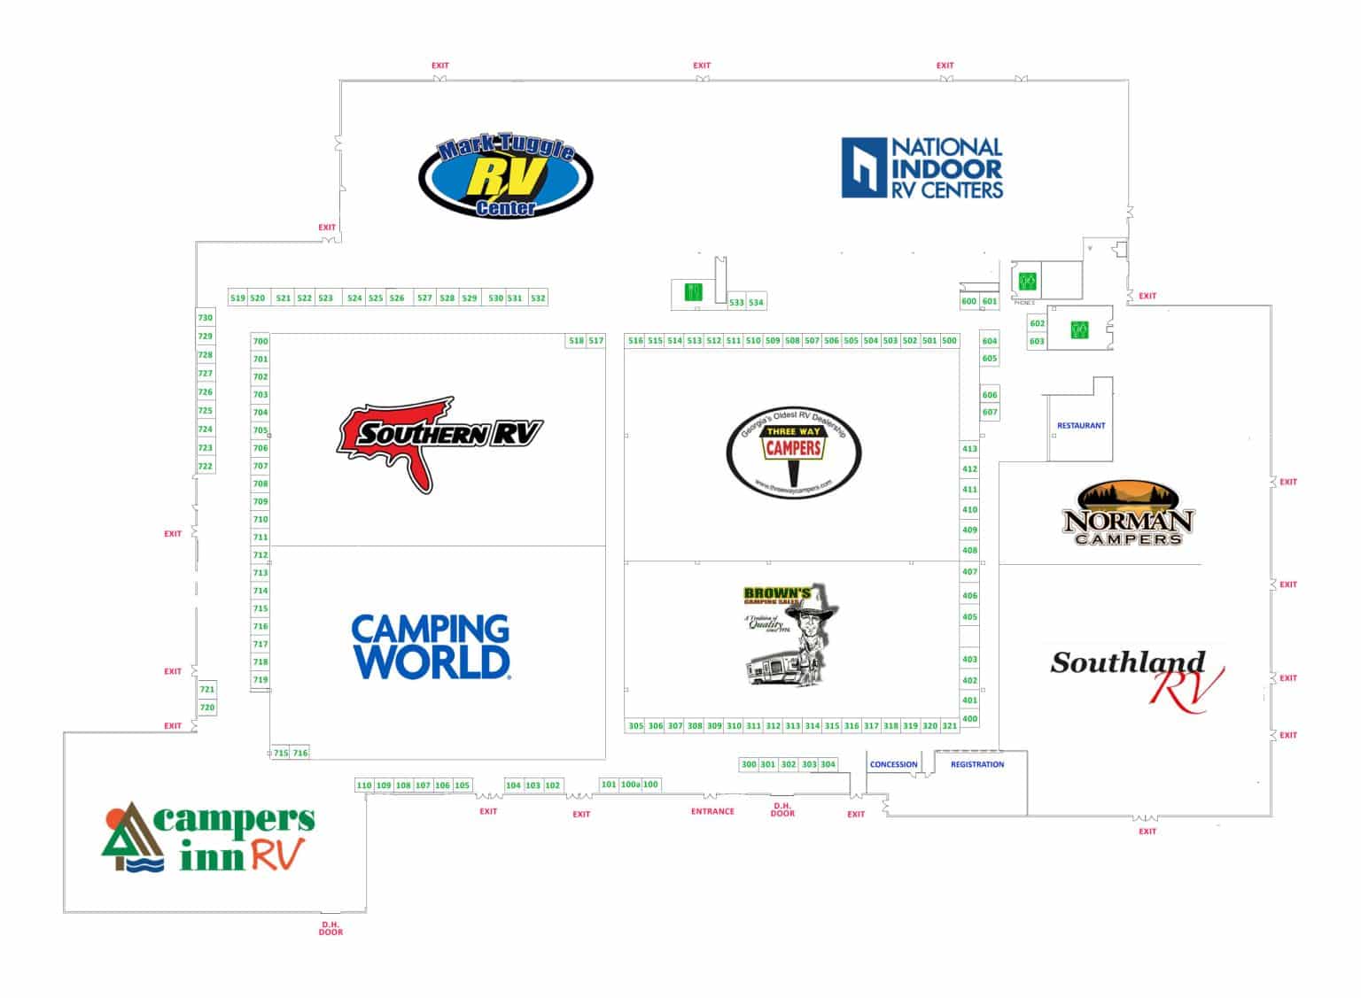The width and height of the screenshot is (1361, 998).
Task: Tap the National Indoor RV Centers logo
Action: click(922, 167)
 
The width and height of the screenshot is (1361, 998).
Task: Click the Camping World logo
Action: click(431, 646)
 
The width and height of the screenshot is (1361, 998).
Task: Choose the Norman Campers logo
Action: click(1128, 514)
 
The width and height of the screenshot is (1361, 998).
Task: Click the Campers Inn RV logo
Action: click(209, 838)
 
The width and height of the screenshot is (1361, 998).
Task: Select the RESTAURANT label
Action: click(1081, 426)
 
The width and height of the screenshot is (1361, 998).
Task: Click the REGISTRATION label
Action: click(977, 764)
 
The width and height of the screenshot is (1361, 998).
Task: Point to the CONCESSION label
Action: click(893, 764)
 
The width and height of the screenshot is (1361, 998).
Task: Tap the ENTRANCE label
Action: click(712, 811)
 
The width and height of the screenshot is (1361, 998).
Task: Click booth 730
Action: click(206, 318)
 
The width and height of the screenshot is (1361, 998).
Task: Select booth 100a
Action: click(630, 785)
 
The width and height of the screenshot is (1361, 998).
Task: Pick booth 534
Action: click(756, 303)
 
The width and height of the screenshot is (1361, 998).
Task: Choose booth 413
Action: click(969, 449)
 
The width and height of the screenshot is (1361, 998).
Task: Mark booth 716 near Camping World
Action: click(300, 753)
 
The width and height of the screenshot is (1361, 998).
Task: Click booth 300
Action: click(749, 764)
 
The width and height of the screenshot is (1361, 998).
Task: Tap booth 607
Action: click(990, 412)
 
